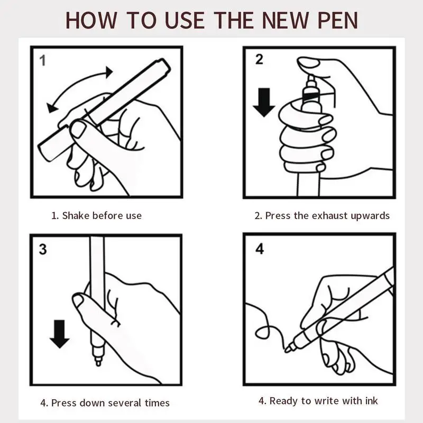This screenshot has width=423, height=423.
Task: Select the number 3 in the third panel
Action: coord(43,249)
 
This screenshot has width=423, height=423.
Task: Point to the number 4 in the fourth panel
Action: coord(259,249)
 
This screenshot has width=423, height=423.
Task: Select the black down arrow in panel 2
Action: coord(264,103)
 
